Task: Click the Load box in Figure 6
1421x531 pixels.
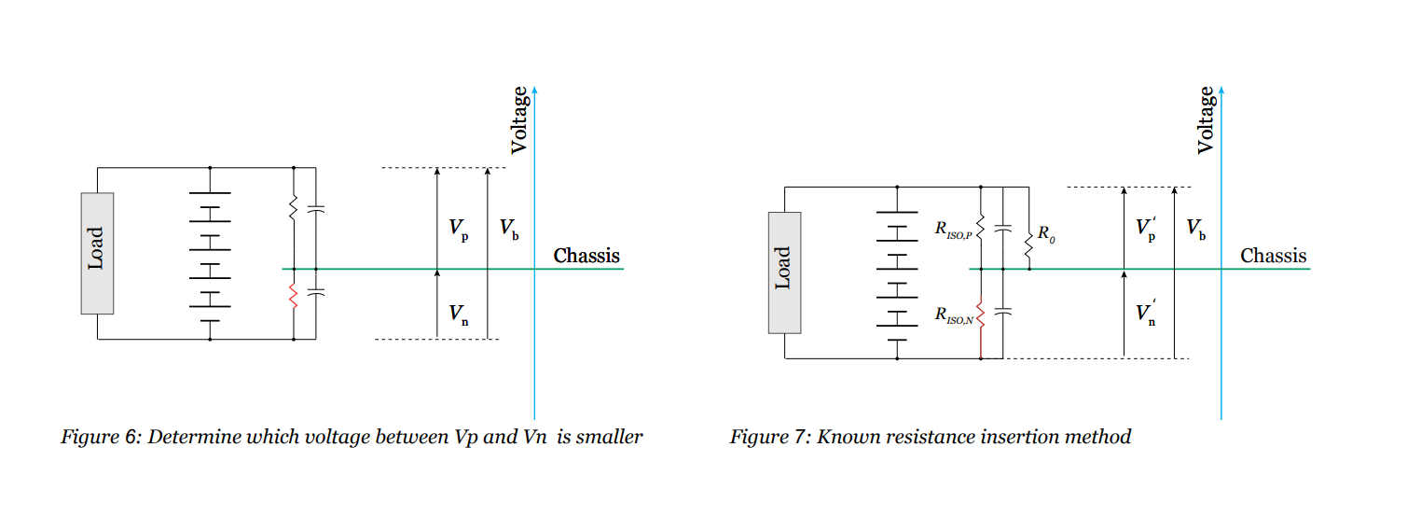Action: (x=97, y=253)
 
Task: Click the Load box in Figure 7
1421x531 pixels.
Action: (x=784, y=272)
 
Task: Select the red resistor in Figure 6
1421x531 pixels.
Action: (x=294, y=297)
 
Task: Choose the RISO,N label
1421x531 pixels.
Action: (x=953, y=314)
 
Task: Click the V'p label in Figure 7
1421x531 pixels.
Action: (x=1147, y=229)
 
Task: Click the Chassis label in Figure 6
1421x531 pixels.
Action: (x=586, y=256)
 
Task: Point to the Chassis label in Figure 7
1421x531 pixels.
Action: (x=1273, y=256)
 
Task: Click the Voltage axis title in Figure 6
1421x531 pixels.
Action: (x=519, y=119)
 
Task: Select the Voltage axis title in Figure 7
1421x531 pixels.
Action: (x=1206, y=119)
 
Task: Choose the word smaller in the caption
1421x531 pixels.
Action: (x=610, y=437)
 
